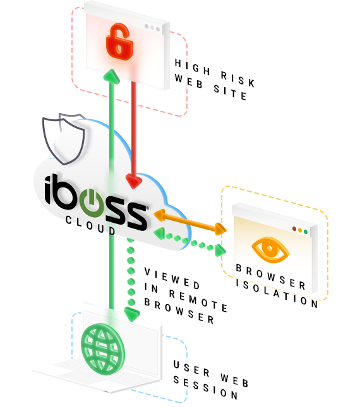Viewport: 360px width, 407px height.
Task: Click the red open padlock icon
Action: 119,41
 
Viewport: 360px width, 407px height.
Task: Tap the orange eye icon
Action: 270,250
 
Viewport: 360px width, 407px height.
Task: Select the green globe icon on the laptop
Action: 102,348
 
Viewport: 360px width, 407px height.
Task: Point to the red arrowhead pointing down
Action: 133,181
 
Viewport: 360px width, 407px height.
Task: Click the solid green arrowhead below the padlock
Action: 111,76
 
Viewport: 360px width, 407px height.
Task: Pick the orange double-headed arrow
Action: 190,221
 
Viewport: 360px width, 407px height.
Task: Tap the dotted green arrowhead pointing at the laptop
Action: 132,314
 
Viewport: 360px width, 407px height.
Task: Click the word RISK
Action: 237,79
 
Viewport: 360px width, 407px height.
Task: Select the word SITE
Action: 230,92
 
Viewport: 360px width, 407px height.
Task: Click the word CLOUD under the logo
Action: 90,225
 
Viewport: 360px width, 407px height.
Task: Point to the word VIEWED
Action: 172,278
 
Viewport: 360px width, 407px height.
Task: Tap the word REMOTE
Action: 198,300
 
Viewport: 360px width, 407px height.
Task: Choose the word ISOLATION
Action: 277,293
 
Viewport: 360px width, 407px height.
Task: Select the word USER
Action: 191,368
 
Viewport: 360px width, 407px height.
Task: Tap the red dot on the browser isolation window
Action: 294,228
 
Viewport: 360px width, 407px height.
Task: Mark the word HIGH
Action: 192,67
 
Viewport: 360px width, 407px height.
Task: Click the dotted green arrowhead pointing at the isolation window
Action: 221,251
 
